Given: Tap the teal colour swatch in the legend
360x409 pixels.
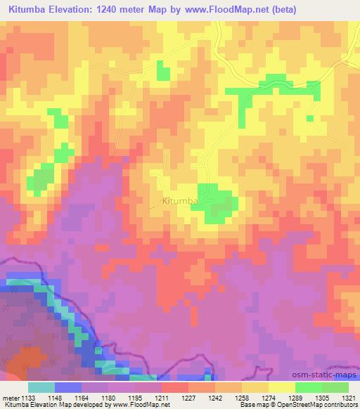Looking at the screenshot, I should coord(41,387).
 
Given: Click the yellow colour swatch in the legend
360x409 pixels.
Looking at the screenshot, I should coord(281,387).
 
